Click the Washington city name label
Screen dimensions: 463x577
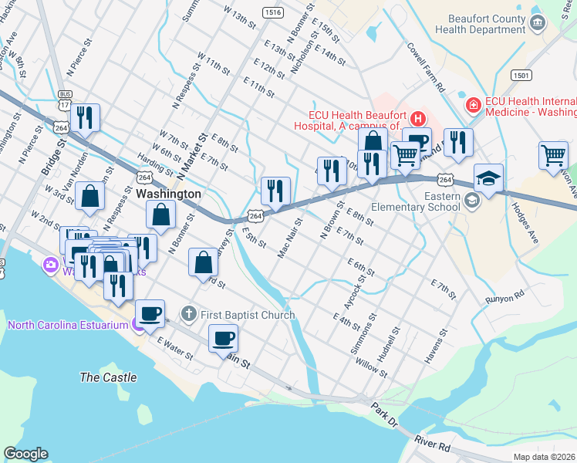pyautogui.click(x=168, y=194)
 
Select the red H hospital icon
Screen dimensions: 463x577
pyautogui.click(x=417, y=118)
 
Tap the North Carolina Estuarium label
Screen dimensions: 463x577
pyautogui.click(x=68, y=325)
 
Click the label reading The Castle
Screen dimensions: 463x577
pyautogui.click(x=109, y=377)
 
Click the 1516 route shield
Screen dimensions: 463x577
pyautogui.click(x=272, y=12)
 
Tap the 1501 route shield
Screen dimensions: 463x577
pyautogui.click(x=521, y=74)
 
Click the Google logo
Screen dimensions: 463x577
pyautogui.click(x=26, y=454)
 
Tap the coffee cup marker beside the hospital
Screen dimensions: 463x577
pyautogui.click(x=417, y=142)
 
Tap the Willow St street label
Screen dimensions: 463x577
pyautogui.click(x=372, y=368)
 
